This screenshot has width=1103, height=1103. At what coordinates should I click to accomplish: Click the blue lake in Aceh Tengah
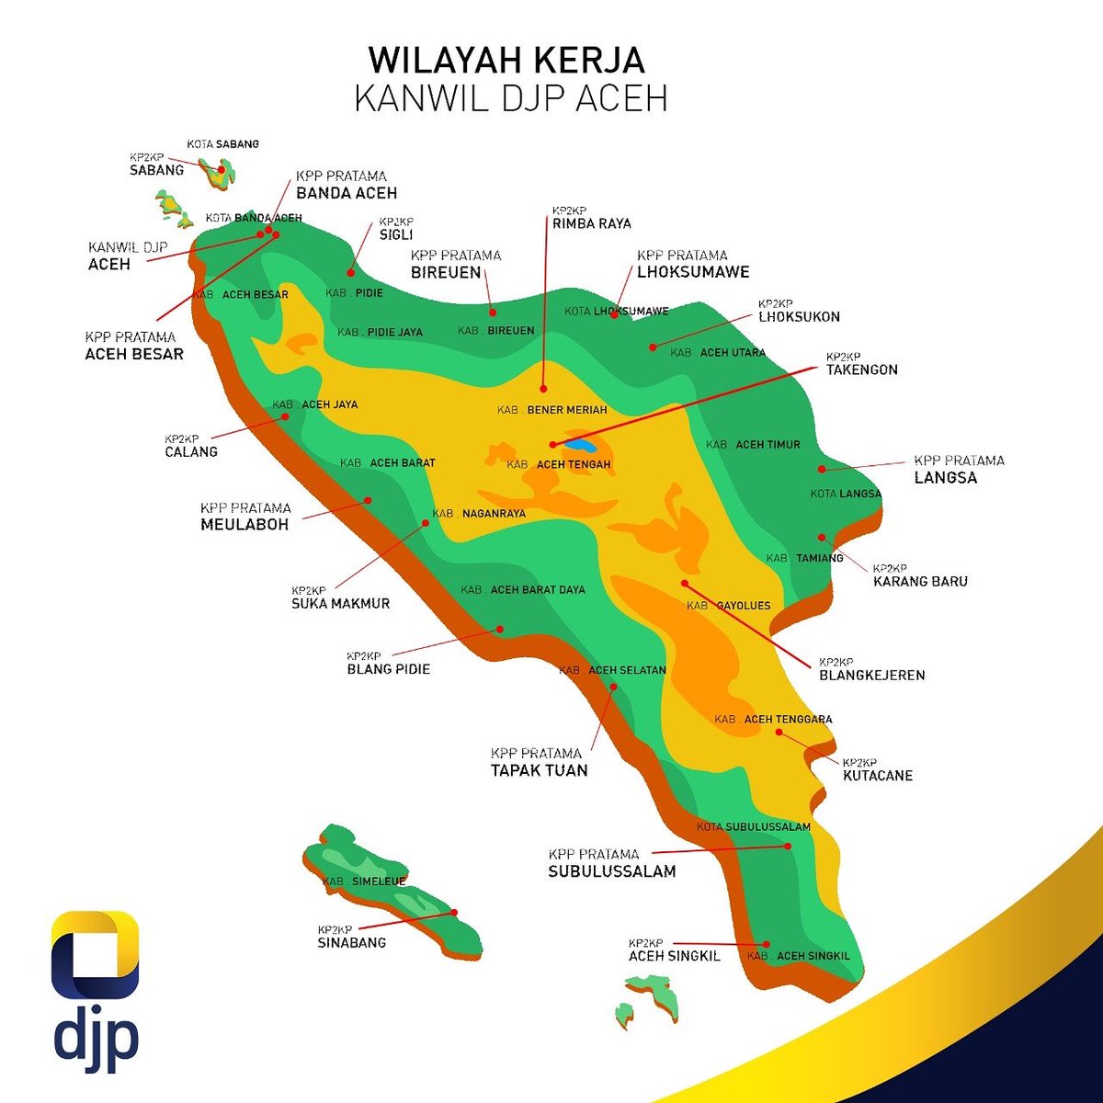pos(580,445)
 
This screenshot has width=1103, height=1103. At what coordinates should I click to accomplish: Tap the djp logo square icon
pos(96,955)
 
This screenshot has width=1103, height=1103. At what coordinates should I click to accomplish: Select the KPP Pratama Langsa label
pos(959,470)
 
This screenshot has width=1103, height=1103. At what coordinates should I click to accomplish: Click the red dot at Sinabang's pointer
pos(454,912)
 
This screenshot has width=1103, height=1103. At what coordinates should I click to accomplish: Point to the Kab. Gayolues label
pos(729,606)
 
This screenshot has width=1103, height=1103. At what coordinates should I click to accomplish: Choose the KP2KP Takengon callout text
pos(861,364)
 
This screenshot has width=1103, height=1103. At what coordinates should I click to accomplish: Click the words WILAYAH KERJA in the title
pos(506,61)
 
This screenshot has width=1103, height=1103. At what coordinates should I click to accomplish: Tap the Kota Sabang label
pos(223,144)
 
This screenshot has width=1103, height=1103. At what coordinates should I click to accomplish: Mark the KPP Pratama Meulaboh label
pos(245,517)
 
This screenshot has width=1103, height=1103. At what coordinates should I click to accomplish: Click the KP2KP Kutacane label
pos(877,770)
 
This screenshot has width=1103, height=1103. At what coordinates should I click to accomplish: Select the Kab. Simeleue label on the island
pos(364,881)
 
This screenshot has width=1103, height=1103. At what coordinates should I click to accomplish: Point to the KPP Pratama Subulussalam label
pos(611,863)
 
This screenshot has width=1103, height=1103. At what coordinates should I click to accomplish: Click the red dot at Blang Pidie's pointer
pos(500,630)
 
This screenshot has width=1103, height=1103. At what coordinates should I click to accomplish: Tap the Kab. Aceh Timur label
pos(753,445)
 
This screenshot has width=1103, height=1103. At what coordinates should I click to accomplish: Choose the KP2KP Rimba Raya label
pos(591,218)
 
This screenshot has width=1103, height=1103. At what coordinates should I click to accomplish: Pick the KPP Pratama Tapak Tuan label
pos(539,762)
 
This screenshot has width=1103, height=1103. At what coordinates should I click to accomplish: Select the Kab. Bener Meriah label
pos(552,410)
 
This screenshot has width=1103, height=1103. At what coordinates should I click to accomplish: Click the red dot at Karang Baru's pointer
pos(822,538)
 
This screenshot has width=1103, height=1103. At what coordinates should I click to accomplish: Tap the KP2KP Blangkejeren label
pos(871,669)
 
